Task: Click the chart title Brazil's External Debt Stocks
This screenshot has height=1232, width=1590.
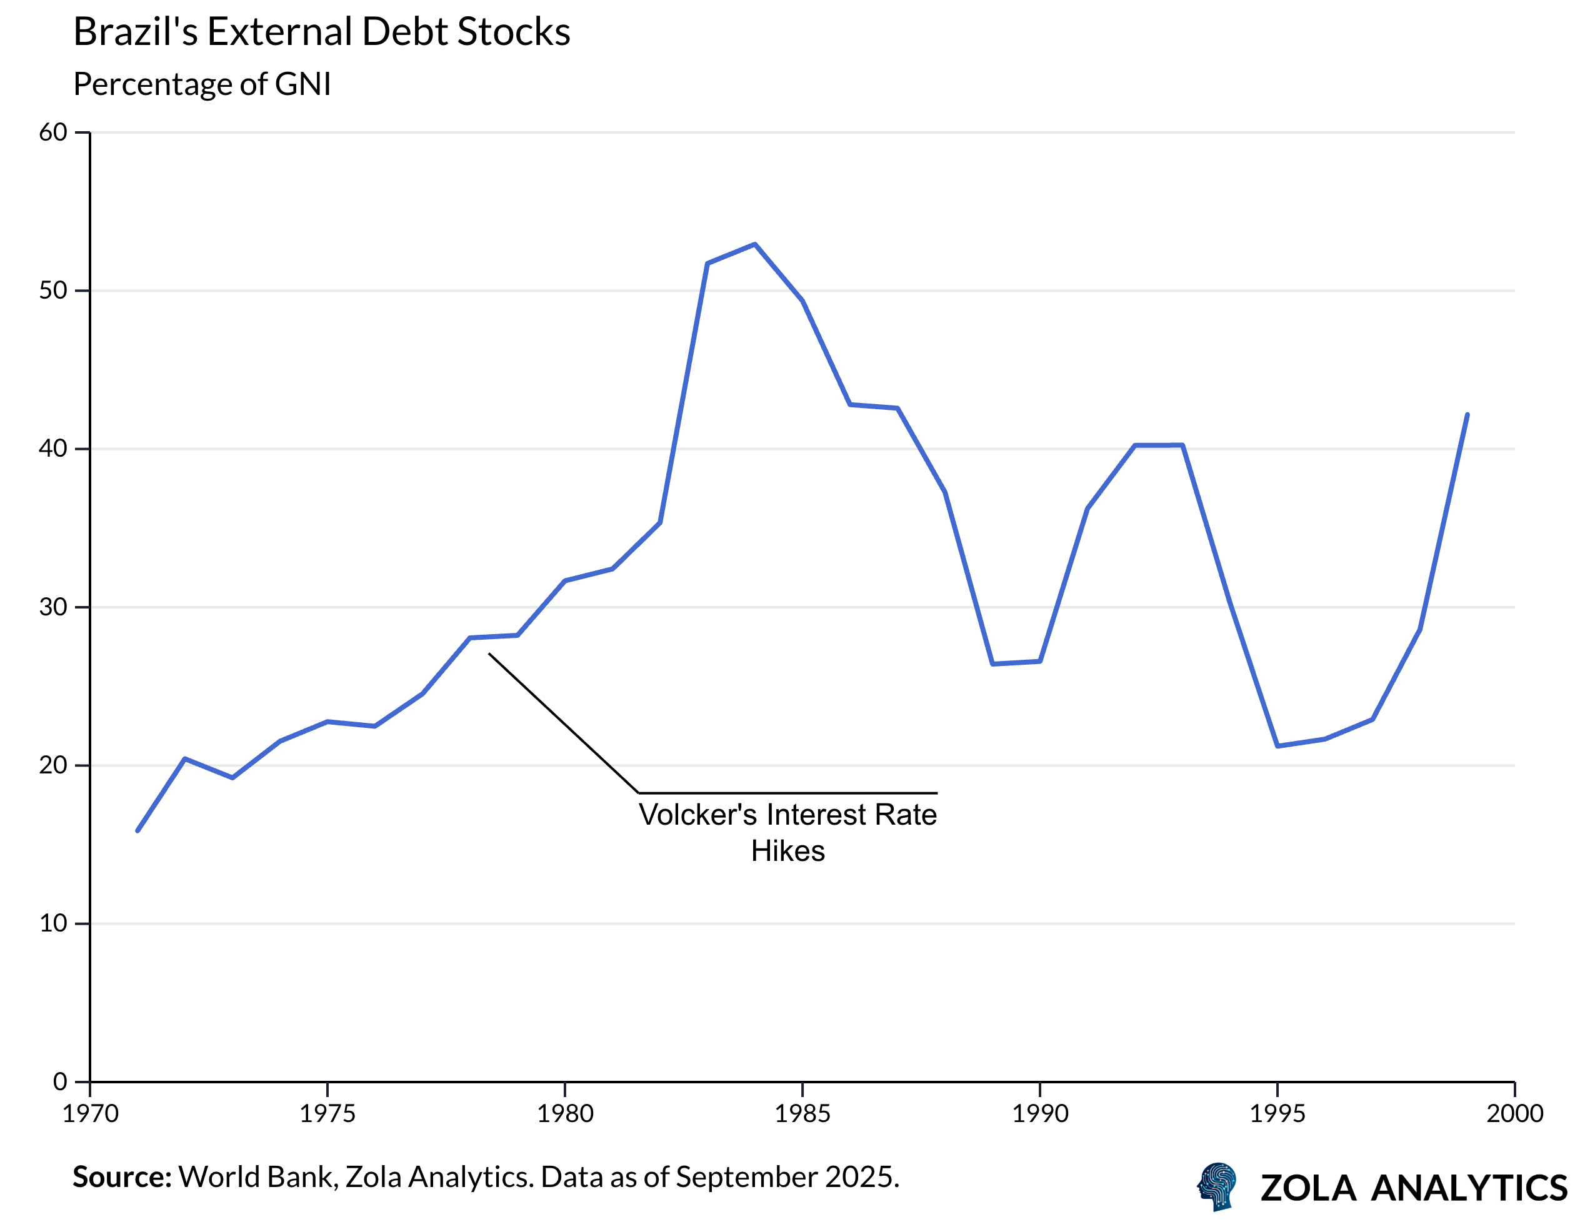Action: (322, 32)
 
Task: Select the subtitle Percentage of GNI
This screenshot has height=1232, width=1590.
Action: (202, 84)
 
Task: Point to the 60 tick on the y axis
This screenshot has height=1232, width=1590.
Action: (53, 132)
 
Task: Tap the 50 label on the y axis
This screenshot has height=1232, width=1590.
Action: (53, 291)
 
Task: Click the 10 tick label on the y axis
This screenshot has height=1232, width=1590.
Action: (53, 923)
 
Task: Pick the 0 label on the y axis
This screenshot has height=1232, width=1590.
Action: (61, 1082)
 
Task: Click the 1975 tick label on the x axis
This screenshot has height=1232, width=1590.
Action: (327, 1113)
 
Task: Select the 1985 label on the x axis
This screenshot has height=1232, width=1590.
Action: (802, 1113)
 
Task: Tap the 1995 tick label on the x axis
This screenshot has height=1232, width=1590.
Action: (1277, 1113)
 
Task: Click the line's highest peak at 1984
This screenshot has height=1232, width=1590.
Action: (755, 244)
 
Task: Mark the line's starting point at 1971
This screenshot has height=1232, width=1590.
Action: (137, 830)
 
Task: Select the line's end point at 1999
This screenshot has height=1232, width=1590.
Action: (1467, 415)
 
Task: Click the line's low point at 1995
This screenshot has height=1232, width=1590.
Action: (1277, 746)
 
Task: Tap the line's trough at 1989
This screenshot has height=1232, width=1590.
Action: (992, 663)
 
